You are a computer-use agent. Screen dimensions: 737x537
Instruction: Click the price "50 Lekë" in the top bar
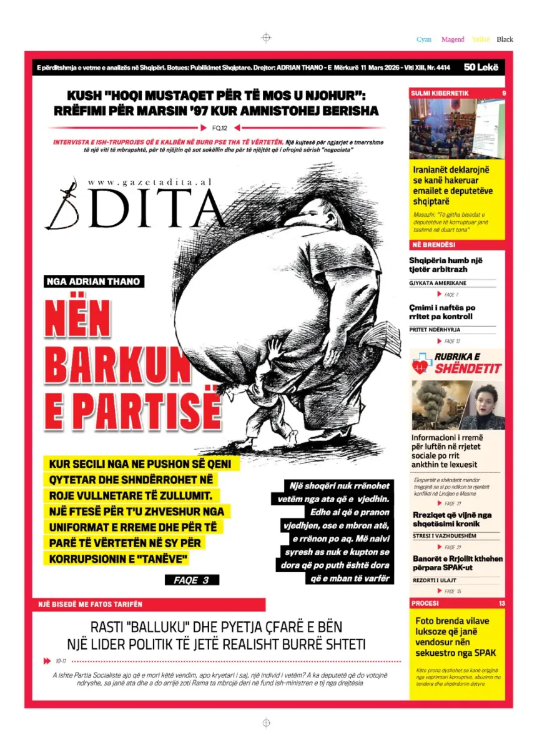481,67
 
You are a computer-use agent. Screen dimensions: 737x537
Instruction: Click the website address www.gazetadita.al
150,181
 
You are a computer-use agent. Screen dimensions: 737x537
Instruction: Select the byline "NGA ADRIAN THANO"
94,281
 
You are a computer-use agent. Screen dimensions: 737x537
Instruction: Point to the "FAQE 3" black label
192,580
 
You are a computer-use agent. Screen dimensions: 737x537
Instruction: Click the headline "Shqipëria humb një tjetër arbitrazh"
446,264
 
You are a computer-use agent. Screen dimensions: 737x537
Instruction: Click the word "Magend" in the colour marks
453,39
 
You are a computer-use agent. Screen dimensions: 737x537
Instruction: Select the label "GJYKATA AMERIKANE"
438,283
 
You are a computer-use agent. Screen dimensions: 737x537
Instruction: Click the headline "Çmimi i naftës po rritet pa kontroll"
442,312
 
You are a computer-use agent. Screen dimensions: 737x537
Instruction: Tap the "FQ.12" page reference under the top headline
220,128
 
